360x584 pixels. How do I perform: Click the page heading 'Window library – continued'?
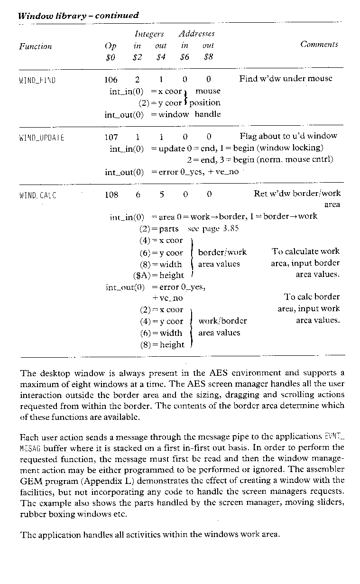click(78, 16)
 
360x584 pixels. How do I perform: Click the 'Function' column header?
click(36, 46)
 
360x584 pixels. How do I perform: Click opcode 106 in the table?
click(111, 79)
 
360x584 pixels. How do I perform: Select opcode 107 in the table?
click(111, 136)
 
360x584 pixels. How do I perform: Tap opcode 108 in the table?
click(111, 194)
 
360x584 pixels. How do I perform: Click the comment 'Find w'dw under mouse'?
click(286, 79)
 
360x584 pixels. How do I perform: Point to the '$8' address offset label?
click(208, 58)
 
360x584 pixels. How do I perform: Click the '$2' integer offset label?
click(137, 58)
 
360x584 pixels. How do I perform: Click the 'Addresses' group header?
click(196, 34)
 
